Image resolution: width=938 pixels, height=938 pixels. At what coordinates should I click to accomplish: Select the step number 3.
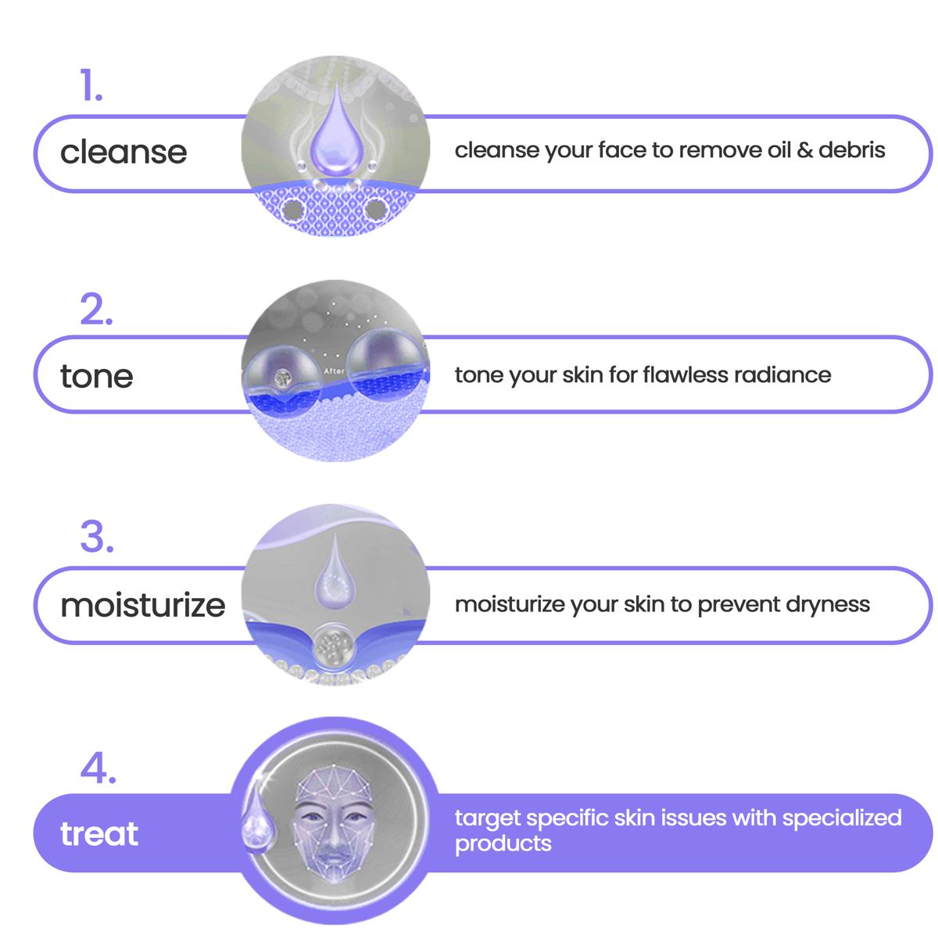coord(97,536)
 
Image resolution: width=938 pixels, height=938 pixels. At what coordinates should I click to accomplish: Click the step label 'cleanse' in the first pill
coord(124,152)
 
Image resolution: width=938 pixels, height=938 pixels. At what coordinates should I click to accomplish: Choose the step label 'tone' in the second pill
coord(96,376)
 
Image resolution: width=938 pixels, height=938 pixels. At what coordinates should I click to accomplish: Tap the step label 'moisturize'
coord(142,605)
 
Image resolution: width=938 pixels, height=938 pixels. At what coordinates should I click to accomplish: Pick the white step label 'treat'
coord(99,833)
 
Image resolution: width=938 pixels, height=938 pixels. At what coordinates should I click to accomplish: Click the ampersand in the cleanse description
coord(804,150)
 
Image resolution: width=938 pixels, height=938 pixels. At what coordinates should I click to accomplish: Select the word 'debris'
coord(852,149)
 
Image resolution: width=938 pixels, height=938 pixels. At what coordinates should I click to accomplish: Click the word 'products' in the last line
coord(503,843)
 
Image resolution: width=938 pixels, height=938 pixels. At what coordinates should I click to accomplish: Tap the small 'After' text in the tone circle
coord(334,371)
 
